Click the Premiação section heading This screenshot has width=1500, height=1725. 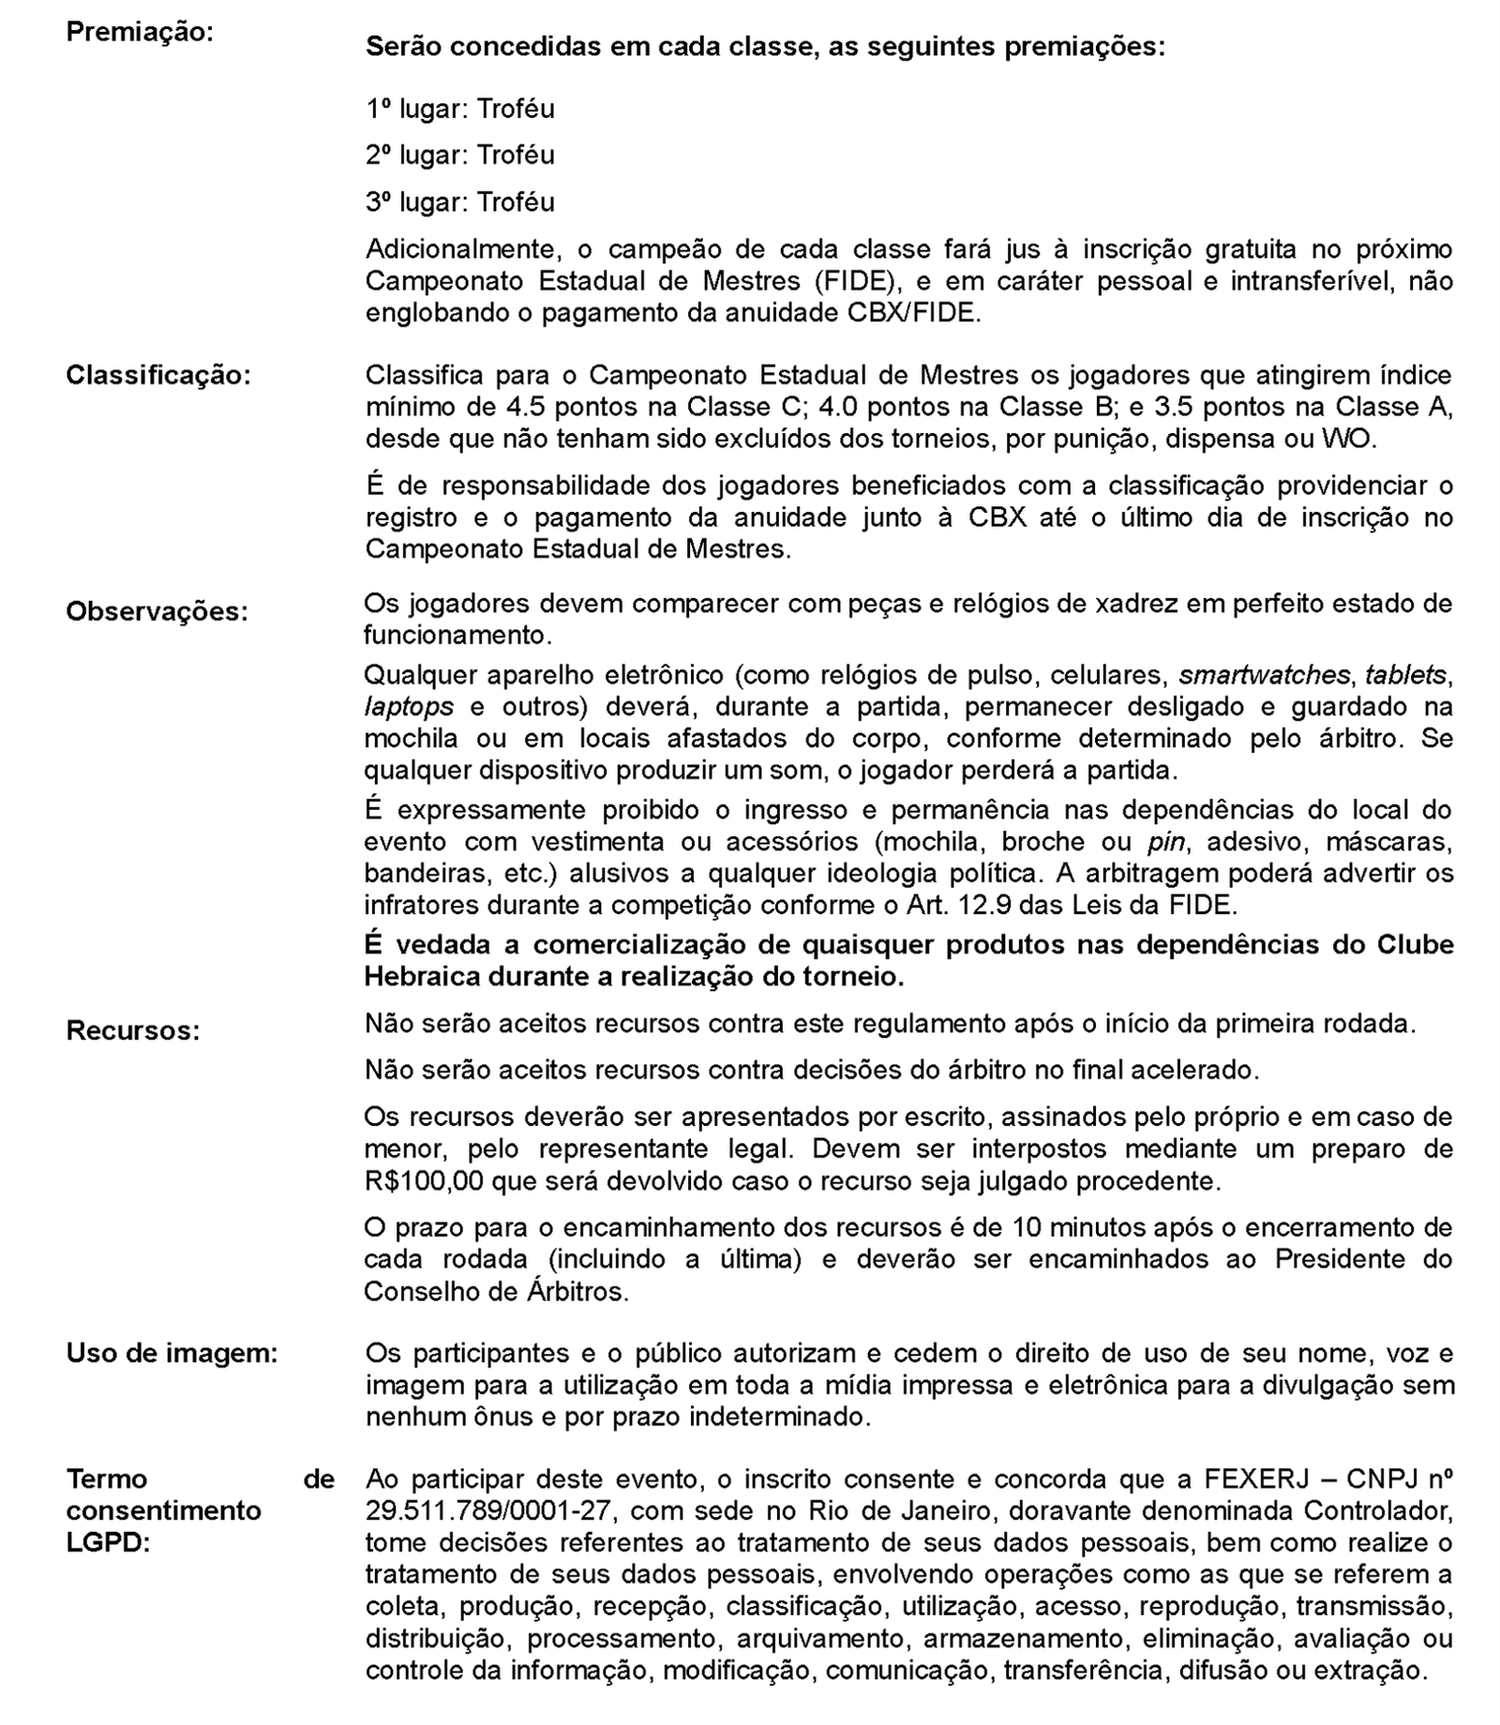tap(140, 32)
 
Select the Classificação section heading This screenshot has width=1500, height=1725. tap(158, 376)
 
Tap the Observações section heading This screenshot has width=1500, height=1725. tap(157, 611)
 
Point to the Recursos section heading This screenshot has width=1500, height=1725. tap(132, 1031)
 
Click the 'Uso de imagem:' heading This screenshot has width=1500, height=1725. tap(172, 1354)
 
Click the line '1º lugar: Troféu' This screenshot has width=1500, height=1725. tap(459, 109)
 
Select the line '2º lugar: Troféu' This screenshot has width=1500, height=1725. tap(459, 155)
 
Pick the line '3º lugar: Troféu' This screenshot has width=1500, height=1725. tap(459, 202)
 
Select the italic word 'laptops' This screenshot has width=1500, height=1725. tap(409, 707)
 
